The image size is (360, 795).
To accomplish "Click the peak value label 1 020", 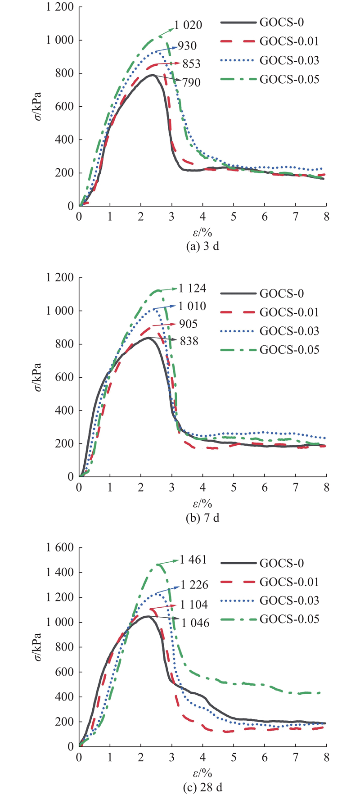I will coord(188,25).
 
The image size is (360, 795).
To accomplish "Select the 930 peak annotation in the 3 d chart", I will coord(187,45).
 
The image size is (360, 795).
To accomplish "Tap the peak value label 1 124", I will coord(192,289).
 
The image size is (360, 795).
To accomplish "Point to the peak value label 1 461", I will coord(193,560).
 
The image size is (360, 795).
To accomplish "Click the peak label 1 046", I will coord(196,623).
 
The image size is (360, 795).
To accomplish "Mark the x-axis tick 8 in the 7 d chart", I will coord(327,487).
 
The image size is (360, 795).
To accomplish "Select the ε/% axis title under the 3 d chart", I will coord(203,232).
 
